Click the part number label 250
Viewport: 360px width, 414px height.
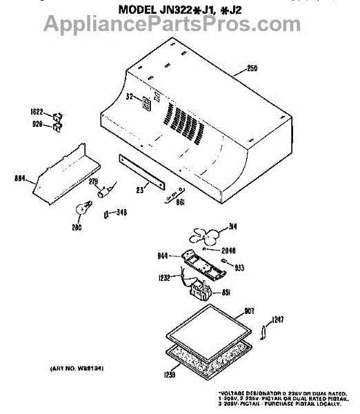[251, 69]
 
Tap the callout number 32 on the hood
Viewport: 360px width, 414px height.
[129, 98]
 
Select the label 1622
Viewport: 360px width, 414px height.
[37, 111]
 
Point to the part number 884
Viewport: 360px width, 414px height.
[20, 178]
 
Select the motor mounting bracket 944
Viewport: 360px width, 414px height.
[203, 264]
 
